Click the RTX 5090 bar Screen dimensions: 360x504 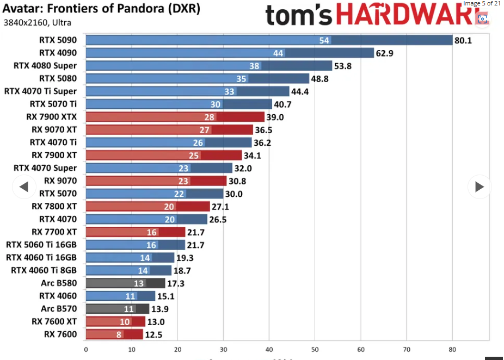pyautogui.click(x=269, y=40)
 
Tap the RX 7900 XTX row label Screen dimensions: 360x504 pyautogui.click(x=54, y=117)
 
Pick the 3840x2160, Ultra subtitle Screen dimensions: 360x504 pyautogui.click(x=37, y=23)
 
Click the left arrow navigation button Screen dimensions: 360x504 pyautogui.click(x=23, y=187)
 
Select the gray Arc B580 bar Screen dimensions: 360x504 pyautogui.click(x=125, y=283)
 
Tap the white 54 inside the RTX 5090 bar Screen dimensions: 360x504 pyautogui.click(x=324, y=40)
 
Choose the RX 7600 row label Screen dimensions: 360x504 pyautogui.click(x=60, y=334)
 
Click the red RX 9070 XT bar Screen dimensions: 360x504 pyautogui.click(x=169, y=129)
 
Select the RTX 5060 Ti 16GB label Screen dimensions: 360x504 pyautogui.click(x=41, y=245)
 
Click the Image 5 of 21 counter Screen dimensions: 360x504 pyautogui.click(x=481, y=3)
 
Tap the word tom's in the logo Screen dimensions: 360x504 pyautogui.click(x=298, y=15)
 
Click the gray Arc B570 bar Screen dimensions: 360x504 pyautogui.click(x=117, y=309)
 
